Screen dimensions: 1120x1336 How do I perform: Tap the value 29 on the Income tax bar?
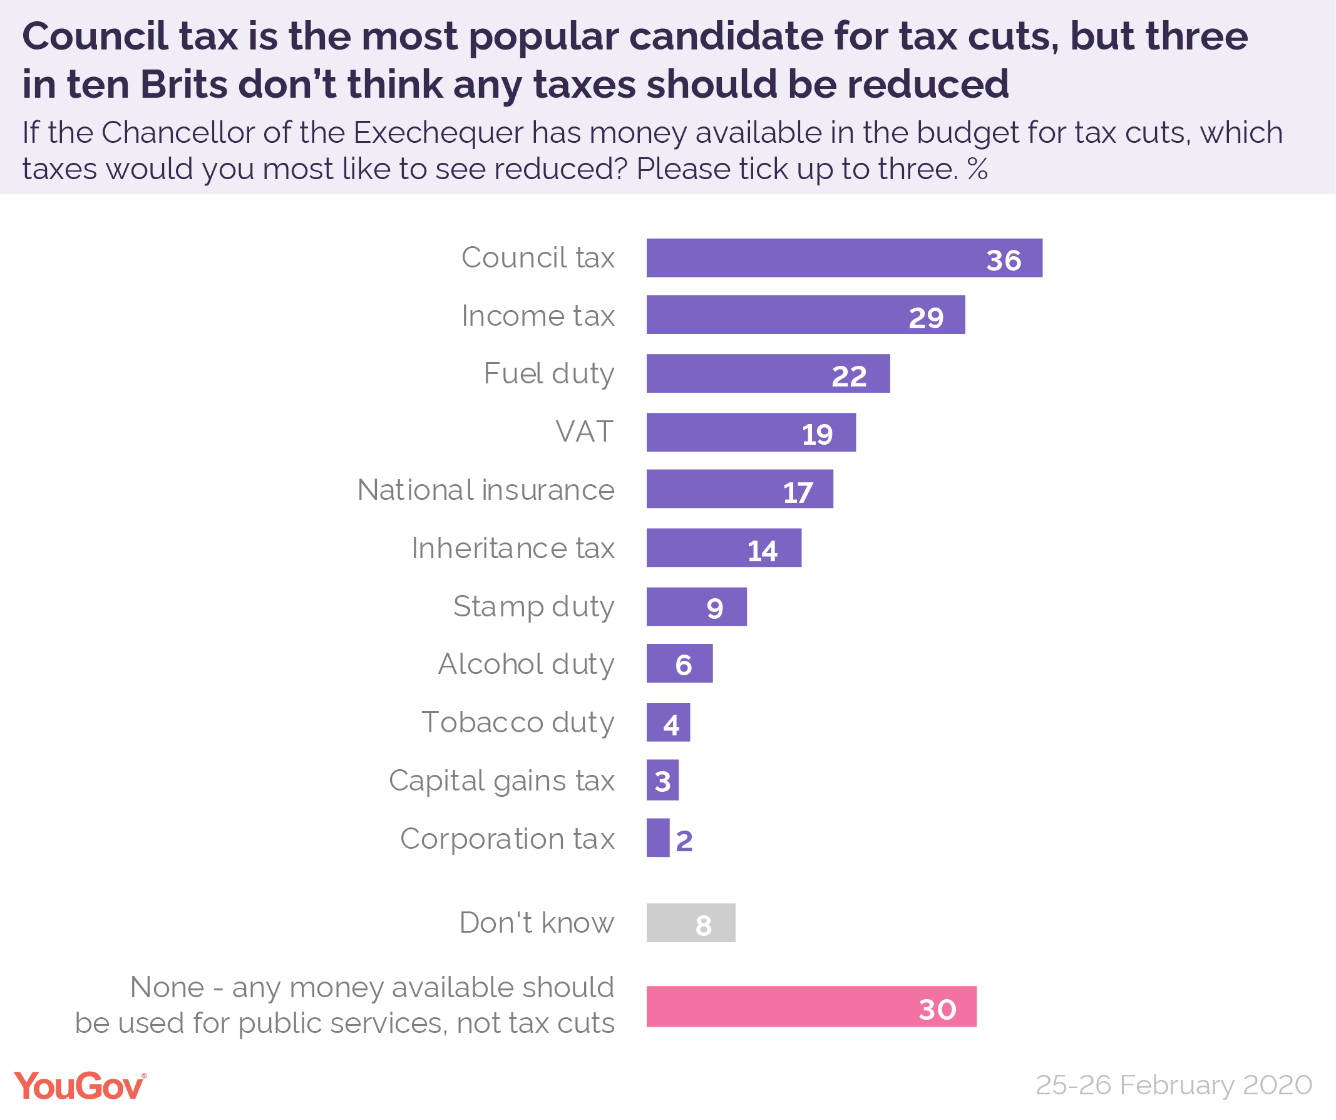tap(926, 318)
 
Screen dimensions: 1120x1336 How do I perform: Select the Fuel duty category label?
tap(548, 373)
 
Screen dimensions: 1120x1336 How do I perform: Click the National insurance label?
tap(485, 490)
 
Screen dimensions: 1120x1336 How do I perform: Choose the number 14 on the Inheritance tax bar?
tap(761, 551)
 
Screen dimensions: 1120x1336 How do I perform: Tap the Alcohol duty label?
tap(525, 665)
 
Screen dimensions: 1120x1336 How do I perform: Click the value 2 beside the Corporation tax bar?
tap(684, 841)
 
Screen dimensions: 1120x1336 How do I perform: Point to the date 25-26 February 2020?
tap(1174, 1085)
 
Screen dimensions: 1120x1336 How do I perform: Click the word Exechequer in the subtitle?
tap(438, 133)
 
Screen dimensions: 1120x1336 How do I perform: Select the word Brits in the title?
tap(184, 84)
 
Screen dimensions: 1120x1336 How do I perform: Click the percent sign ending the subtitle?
tap(977, 169)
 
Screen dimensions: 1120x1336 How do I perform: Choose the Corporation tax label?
tap(507, 839)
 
